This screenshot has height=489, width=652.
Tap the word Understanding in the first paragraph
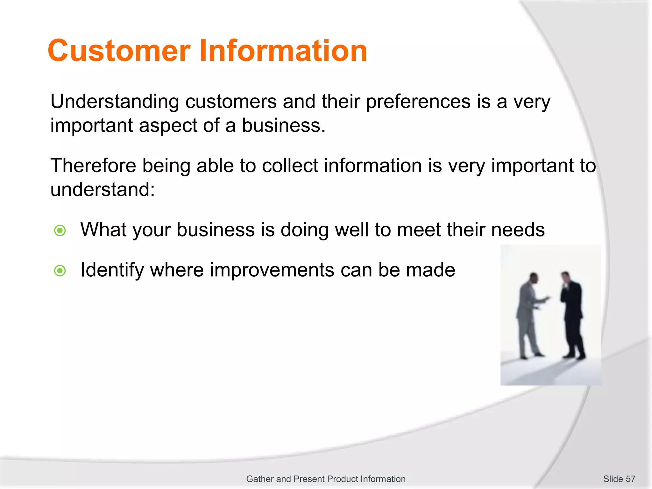tap(115, 102)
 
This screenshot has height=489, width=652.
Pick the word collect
tap(290, 166)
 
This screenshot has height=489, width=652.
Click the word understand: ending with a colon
tap(103, 190)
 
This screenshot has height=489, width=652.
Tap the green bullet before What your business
tap(60, 230)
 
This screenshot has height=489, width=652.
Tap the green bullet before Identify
tap(60, 271)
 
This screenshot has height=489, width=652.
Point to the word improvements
tap(272, 270)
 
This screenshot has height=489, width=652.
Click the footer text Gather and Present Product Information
tap(326, 479)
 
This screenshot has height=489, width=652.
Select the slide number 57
tap(630, 479)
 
